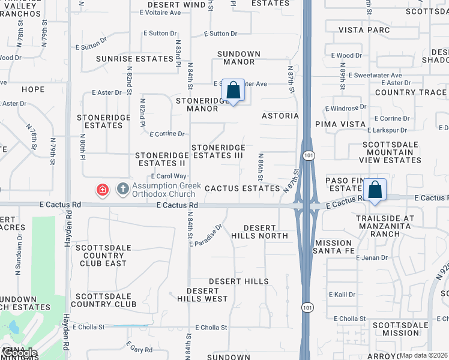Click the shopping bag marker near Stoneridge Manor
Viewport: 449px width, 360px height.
[233, 91]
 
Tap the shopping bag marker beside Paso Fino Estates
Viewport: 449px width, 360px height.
[375, 190]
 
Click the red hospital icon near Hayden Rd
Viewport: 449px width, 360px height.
[103, 190]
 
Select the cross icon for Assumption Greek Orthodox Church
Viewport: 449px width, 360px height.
[122, 190]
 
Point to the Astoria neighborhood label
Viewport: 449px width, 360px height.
[280, 116]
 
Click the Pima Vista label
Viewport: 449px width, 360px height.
[340, 124]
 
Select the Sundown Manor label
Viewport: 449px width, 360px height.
[239, 58]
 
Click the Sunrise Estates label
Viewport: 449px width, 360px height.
[135, 59]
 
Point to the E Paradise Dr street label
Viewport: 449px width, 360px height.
[206, 235]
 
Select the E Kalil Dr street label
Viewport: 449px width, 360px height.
[342, 295]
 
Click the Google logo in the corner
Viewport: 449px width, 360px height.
[19, 353]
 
